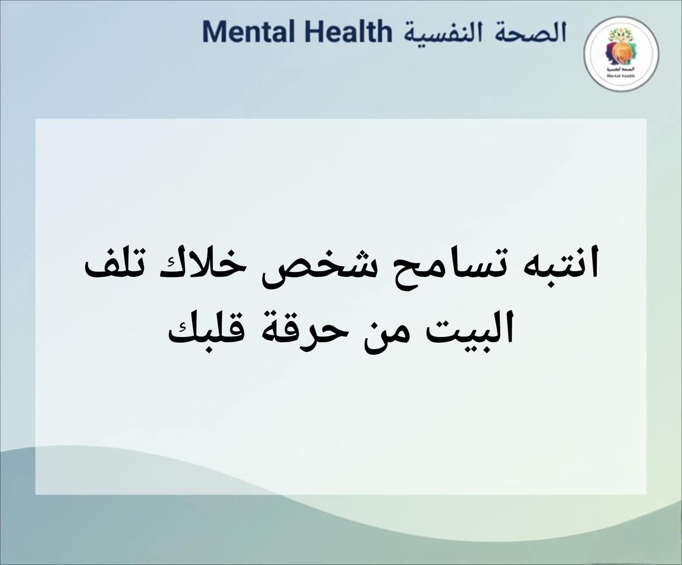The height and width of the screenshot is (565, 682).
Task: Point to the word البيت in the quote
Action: pyautogui.click(x=464, y=330)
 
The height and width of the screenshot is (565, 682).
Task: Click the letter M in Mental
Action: pyautogui.click(x=211, y=33)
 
